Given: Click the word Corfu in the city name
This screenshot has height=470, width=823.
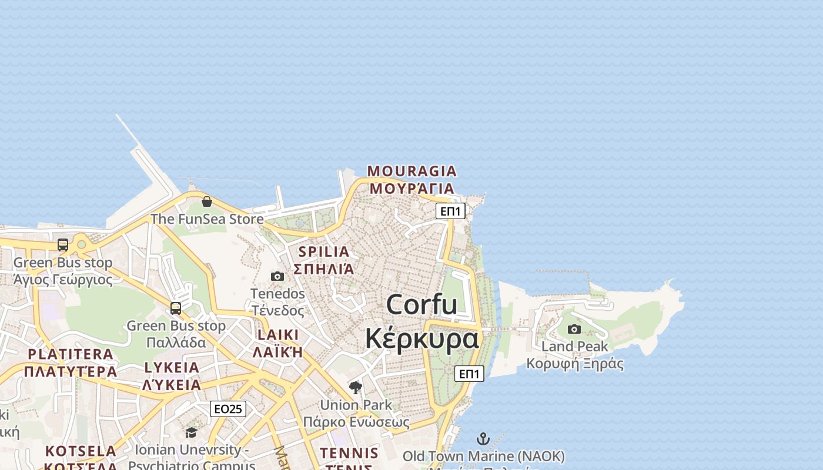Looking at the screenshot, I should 421,304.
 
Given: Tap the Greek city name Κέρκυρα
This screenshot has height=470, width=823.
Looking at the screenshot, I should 421,339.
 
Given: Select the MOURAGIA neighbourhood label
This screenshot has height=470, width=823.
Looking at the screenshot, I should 411,171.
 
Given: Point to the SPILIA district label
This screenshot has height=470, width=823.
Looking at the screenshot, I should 324,251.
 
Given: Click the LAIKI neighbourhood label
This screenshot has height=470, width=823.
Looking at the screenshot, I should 278,335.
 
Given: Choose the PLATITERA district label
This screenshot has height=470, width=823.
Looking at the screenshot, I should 71,354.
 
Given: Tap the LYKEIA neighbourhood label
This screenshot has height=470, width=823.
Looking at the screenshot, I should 172,368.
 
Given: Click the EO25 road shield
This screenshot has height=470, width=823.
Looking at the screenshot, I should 228,409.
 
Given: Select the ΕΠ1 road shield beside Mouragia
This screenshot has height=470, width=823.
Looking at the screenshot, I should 450,211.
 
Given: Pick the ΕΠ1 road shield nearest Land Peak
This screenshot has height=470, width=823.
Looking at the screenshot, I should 469,374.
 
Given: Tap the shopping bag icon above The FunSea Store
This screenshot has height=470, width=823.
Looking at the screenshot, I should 207,202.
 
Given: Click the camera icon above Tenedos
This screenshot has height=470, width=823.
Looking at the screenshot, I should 277,276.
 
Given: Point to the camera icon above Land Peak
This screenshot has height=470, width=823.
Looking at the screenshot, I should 574,329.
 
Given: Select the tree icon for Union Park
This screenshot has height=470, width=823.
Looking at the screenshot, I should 356,387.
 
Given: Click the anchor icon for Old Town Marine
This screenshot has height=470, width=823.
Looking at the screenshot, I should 483,439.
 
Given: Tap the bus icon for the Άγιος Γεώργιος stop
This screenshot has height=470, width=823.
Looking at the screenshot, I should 63,245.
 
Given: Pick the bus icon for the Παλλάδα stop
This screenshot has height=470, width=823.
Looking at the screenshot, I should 176,308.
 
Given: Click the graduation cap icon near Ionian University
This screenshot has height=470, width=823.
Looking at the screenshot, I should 191,433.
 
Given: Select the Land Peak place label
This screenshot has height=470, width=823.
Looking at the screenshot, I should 574,347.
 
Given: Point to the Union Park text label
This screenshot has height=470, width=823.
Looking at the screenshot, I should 356,405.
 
